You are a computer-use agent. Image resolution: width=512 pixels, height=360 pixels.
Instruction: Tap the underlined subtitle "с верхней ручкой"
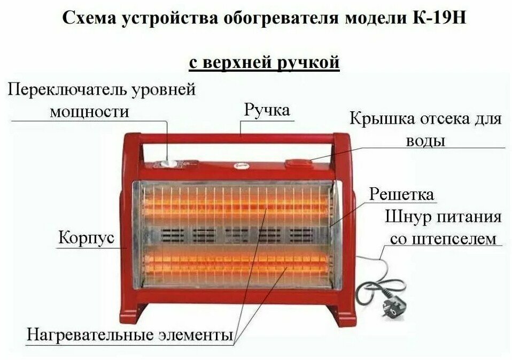coord(265,63)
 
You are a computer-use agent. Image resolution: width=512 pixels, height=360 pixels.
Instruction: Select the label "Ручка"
coord(267,110)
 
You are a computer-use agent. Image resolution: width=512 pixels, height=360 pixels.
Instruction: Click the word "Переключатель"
coord(67,89)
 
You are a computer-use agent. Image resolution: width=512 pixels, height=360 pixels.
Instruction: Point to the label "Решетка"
coord(402,193)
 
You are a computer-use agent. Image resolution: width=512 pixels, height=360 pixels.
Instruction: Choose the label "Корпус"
coord(86,238)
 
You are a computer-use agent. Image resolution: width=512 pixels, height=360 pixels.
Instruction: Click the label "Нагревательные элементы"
coord(130,335)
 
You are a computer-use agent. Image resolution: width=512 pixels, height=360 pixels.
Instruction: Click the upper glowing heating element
coord(235,205)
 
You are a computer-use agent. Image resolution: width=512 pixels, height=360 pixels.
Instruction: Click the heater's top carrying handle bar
coord(235,139)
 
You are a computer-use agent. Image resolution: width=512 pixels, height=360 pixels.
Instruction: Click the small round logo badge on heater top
coord(237,166)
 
